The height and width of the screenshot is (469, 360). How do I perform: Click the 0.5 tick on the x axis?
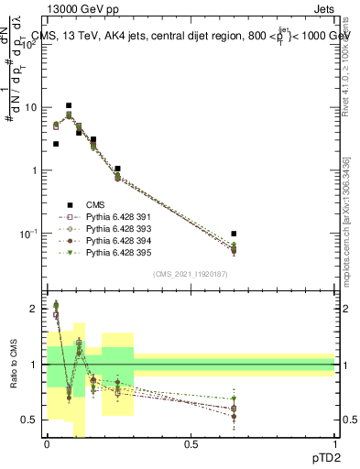tap(191, 444)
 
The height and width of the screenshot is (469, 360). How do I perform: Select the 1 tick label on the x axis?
tap(334, 444)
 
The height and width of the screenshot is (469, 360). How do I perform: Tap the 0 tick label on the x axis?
tap(47, 444)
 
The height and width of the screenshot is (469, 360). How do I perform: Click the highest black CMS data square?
tap(69, 106)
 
